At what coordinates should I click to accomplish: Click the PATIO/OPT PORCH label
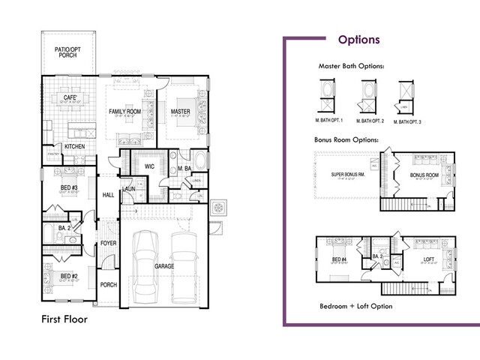pos(68,52)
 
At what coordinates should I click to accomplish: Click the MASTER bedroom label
pos(180,111)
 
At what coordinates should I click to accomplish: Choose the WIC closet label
pos(149,166)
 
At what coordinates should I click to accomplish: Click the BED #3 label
pos(70,187)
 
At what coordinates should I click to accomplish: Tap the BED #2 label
pos(70,274)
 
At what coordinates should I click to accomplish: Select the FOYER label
pos(109,244)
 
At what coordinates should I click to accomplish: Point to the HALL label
pos(107,193)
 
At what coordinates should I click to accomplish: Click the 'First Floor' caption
pos(64,319)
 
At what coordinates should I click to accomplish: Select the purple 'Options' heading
pos(358,40)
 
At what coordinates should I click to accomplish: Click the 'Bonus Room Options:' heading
pos(346,139)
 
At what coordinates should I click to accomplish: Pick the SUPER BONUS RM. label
pos(348,175)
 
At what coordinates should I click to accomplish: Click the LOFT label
pos(429,259)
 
